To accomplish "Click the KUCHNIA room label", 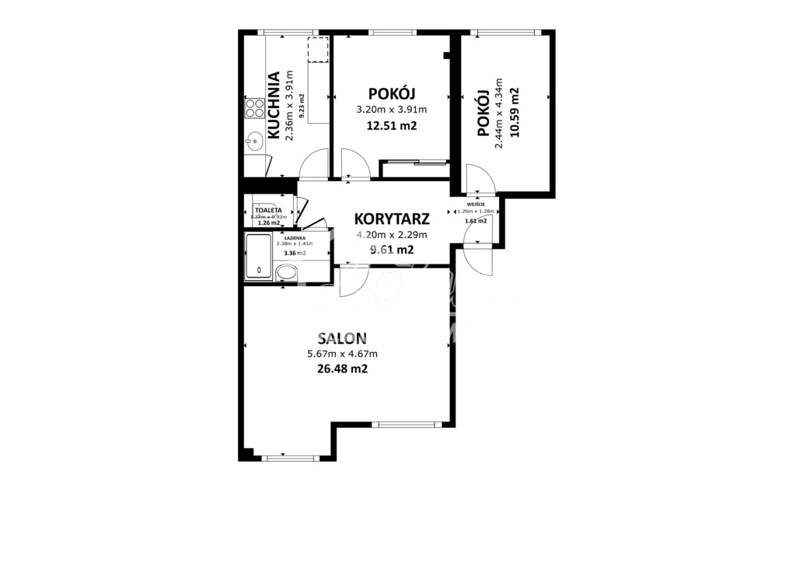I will [x=274, y=105].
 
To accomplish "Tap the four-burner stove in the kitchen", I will [x=254, y=108].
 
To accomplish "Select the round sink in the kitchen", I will [x=253, y=142].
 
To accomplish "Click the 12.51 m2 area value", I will [x=392, y=125].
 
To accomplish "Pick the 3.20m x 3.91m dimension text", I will [x=392, y=110].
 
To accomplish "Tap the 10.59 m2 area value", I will [x=514, y=112].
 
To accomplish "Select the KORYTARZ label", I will [x=392, y=219].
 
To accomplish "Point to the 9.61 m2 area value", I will [x=392, y=250].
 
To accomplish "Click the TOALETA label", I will [x=267, y=211].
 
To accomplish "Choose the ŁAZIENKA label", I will [x=294, y=237].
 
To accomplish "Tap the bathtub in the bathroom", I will [x=259, y=257].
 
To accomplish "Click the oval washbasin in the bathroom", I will [x=287, y=273].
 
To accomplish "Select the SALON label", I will [x=342, y=338].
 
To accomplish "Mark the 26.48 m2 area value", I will [x=342, y=369].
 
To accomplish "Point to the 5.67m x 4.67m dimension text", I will [x=342, y=355].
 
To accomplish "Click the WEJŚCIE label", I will [x=476, y=205].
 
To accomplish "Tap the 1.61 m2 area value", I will [x=476, y=221].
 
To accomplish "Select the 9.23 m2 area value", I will [x=302, y=105].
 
